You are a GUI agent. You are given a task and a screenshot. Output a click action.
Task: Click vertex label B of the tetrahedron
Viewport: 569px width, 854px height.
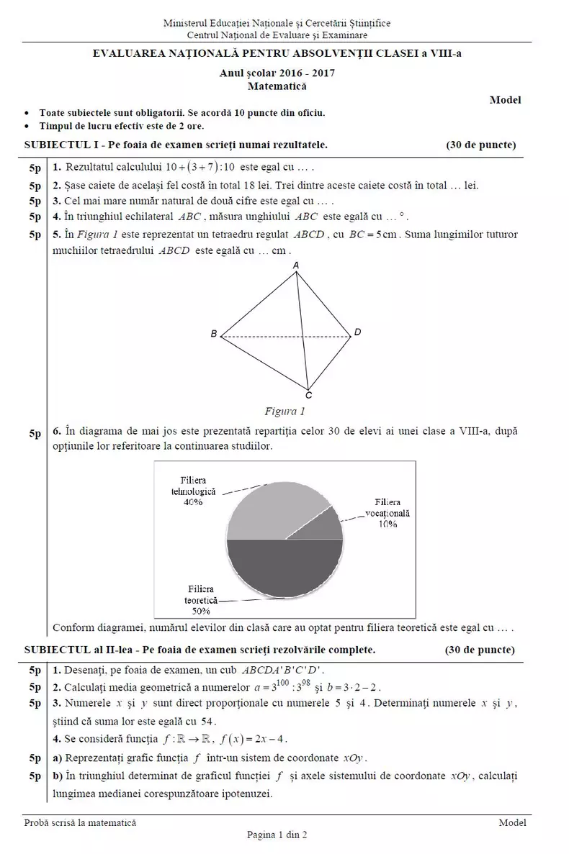[x=214, y=335]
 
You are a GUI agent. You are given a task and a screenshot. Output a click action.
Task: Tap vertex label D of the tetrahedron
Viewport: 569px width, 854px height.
[x=357, y=332]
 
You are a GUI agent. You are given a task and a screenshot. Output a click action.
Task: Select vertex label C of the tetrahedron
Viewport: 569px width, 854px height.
[x=308, y=395]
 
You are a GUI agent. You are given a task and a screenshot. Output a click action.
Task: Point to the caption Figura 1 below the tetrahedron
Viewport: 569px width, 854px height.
[x=285, y=412]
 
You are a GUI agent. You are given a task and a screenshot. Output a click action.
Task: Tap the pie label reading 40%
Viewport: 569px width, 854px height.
[x=193, y=503]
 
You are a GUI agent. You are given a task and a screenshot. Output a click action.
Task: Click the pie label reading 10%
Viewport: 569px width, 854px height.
[x=387, y=524]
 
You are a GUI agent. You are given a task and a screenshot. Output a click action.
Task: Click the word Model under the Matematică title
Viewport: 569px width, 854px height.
[x=505, y=100]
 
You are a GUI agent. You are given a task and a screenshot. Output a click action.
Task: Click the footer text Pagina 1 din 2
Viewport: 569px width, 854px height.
[x=277, y=835]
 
